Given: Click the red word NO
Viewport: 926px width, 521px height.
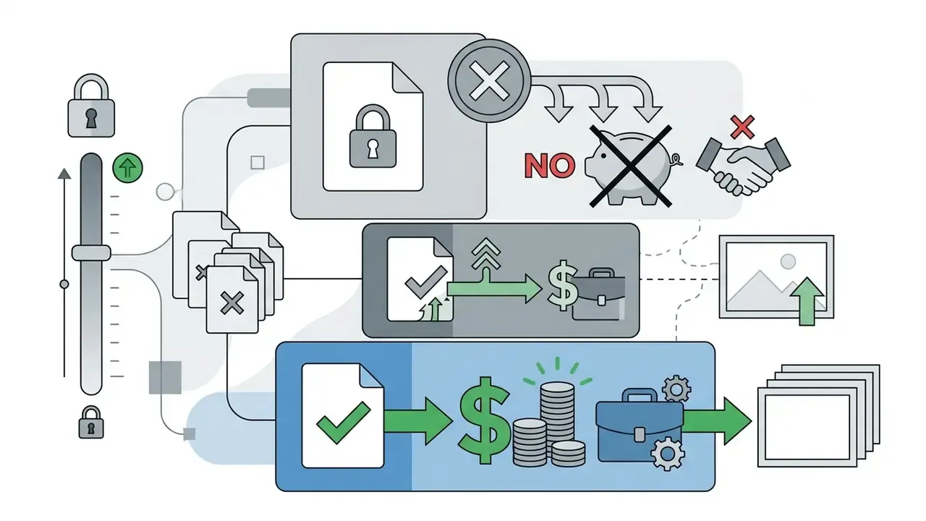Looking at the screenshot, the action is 549,166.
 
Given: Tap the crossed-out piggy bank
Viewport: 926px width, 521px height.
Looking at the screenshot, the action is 632,167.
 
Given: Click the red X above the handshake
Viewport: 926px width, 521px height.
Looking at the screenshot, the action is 742,127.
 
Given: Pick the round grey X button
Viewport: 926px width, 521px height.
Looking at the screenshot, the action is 489,80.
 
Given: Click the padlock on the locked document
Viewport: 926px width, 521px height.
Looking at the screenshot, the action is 373,136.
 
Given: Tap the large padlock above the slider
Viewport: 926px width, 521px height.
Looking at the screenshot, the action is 91,106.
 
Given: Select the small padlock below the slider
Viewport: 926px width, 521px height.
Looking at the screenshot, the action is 91,422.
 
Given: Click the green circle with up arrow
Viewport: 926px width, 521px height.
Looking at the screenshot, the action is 127,168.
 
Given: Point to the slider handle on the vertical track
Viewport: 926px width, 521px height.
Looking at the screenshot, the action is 91,253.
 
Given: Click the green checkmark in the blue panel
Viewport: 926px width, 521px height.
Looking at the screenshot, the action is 344,422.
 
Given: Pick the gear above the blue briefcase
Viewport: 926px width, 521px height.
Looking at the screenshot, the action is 676,389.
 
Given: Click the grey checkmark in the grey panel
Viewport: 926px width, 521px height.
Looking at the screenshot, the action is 426,281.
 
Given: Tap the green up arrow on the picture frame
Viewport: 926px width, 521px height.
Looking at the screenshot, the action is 807,302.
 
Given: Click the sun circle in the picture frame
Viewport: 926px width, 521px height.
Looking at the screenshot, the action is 788,262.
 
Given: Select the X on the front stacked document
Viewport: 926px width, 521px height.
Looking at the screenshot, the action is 232,303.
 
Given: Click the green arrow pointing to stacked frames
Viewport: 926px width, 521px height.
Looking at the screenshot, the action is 716,421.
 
